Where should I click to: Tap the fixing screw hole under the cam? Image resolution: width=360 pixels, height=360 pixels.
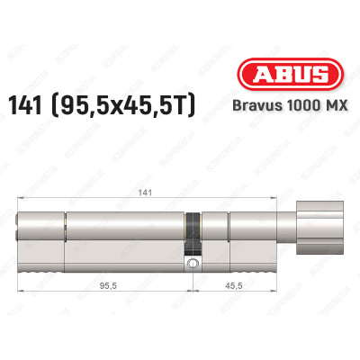click(192, 264)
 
